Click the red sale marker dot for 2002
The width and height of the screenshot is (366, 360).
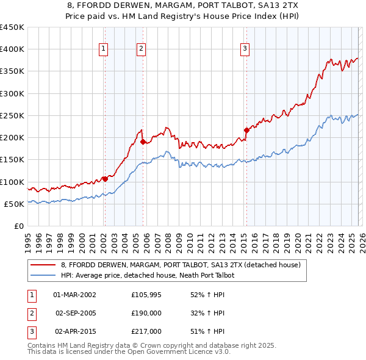coord(104,179)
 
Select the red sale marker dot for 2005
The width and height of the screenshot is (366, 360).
coord(142,142)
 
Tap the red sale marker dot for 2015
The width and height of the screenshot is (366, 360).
coord(246,130)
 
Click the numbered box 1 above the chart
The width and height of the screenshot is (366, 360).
coord(104,49)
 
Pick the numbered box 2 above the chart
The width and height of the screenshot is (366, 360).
coord(142,49)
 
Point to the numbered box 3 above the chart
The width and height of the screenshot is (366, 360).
coord(245,49)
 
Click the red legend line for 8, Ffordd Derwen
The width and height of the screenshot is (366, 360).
coord(43,265)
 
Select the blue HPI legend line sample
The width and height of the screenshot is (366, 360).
coord(43,276)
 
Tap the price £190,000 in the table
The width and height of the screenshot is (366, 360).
coord(146,313)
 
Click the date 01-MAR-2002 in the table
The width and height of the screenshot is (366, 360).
coord(74,295)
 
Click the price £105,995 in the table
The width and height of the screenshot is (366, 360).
coord(146,295)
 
